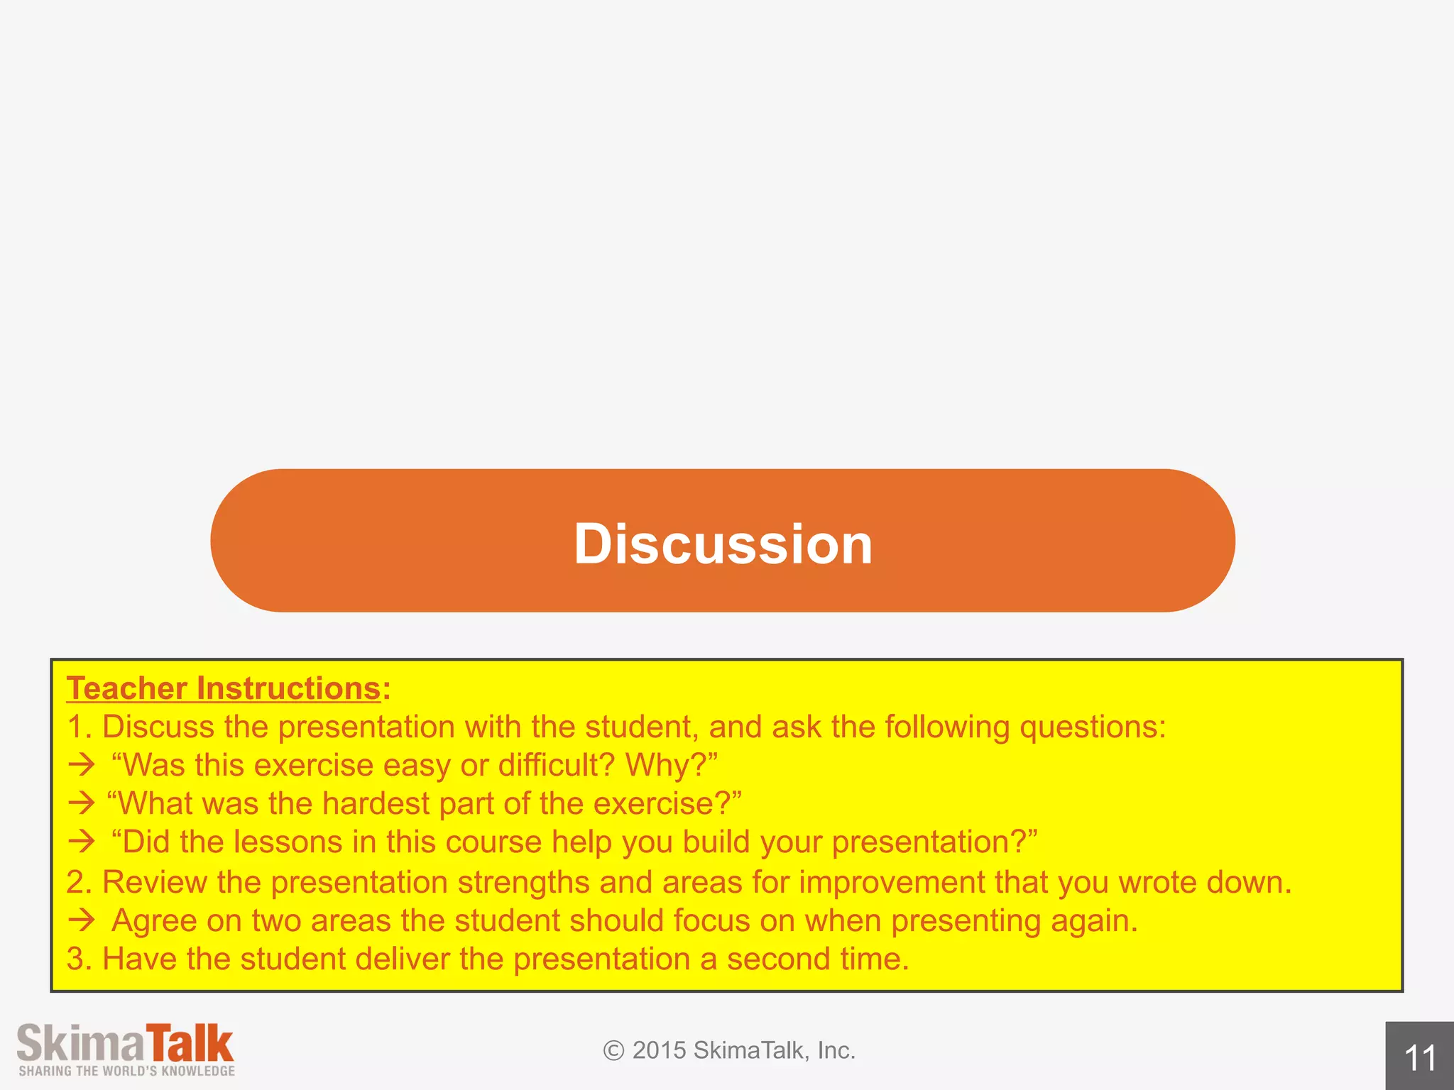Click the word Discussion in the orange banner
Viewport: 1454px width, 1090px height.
723,544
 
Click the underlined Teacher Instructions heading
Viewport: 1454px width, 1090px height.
224,688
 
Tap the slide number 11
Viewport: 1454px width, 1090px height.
1420,1058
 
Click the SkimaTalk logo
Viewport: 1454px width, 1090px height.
126,1044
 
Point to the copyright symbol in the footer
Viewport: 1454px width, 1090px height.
613,1050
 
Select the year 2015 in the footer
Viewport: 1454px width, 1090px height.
659,1050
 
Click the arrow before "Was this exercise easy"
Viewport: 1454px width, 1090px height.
82,765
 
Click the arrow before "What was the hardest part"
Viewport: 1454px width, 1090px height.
82,803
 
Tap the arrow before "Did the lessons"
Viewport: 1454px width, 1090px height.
82,842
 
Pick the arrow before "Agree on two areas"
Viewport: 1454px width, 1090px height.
82,920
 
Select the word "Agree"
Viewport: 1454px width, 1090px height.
154,921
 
